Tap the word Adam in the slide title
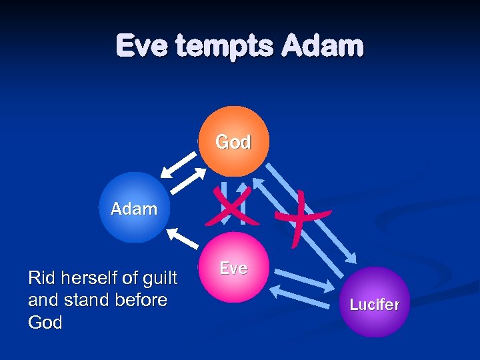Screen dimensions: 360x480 [x=323, y=47]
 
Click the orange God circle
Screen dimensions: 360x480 [x=233, y=141]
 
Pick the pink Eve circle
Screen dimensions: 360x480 [x=233, y=267]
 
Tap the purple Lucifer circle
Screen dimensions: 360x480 [x=374, y=303]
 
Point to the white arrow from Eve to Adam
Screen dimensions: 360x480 [x=181, y=238]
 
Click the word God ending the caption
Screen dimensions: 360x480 [x=45, y=323]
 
